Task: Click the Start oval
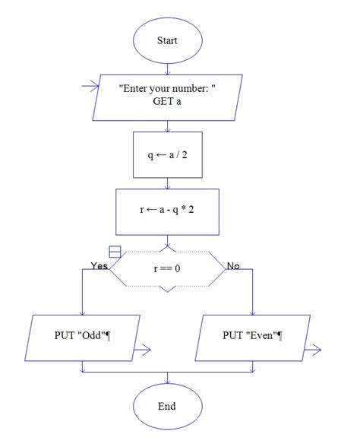point(167,40)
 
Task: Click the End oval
point(167,406)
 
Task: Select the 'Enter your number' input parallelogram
point(167,97)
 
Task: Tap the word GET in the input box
point(156,104)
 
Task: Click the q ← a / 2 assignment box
point(167,154)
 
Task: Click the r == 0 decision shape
point(167,268)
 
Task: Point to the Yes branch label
point(99,266)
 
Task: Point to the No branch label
point(233,266)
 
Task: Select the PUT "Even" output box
point(252,335)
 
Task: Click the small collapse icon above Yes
point(115,252)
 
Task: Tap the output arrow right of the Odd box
point(142,350)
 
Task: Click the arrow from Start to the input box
point(167,68)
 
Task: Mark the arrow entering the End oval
point(167,378)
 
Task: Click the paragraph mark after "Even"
point(280,335)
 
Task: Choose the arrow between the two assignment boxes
point(167,183)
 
